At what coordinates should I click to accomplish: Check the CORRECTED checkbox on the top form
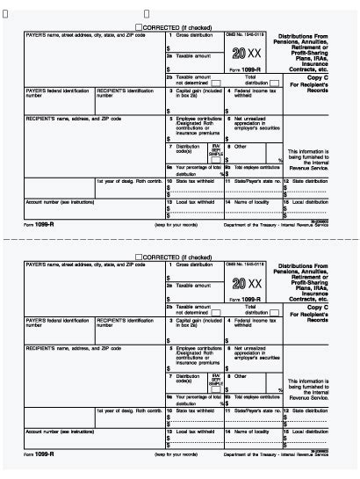(x=139, y=27)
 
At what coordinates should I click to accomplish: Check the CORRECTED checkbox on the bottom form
(x=139, y=257)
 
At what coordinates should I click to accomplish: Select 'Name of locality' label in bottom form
(x=251, y=432)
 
